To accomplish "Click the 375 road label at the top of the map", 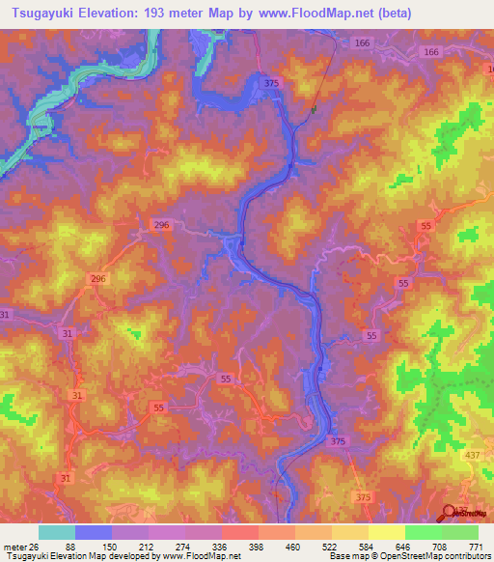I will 271,84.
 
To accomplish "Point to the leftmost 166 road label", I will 362,43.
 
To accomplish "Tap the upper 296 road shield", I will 161,224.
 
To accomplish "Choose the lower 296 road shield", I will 97,278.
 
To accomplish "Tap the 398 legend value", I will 257,547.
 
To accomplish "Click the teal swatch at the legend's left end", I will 57,532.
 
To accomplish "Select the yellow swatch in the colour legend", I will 386,532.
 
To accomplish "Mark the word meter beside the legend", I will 14,547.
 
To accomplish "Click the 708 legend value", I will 440,547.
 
